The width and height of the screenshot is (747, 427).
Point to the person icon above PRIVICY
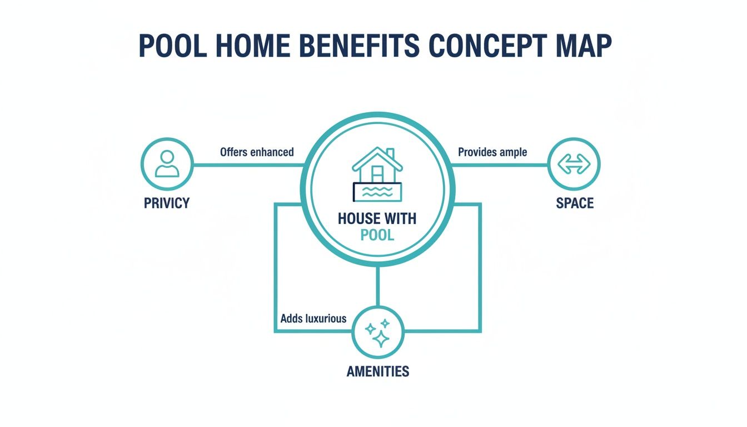click(x=166, y=164)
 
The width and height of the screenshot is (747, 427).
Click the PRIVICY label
click(x=166, y=203)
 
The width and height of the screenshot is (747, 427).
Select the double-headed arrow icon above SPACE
click(x=574, y=164)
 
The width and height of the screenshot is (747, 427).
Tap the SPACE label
click(x=575, y=203)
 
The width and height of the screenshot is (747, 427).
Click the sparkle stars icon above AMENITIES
click(x=377, y=332)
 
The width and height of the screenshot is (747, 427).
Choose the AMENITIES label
click(x=378, y=371)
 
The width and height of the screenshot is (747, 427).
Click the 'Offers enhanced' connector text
click(x=257, y=152)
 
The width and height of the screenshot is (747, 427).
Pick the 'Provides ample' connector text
click(x=492, y=152)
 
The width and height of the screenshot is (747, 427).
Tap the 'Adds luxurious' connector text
click(x=313, y=319)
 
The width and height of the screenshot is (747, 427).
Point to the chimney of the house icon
click(x=390, y=152)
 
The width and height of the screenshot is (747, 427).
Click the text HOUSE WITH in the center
click(x=377, y=218)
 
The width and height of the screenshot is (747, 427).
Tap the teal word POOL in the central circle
click(x=377, y=235)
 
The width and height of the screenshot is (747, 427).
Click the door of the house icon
click(x=377, y=172)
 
